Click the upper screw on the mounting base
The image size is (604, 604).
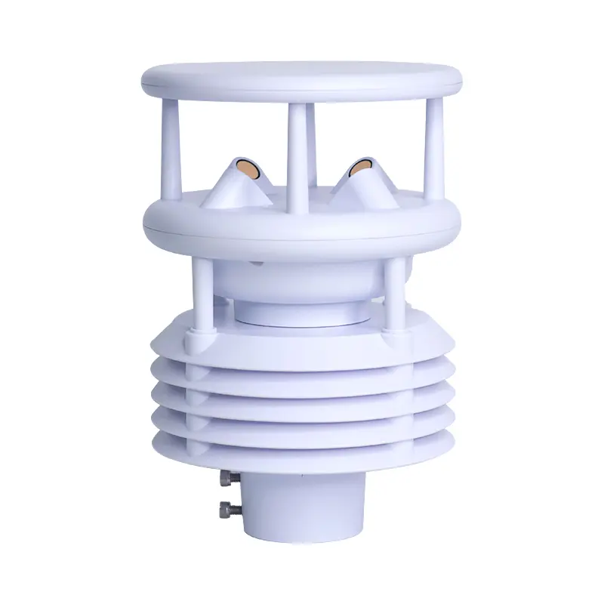tap(226, 479)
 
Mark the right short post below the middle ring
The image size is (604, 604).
tap(394, 291)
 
